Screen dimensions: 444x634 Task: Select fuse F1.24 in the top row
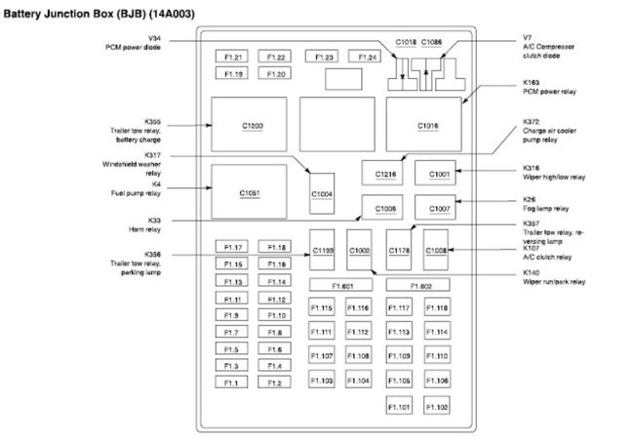[x=367, y=57]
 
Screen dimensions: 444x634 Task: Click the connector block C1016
[x=428, y=125]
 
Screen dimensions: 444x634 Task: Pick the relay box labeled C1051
[x=251, y=192]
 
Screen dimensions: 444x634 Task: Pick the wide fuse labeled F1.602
[x=420, y=285]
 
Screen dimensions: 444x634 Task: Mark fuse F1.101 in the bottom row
[x=399, y=405]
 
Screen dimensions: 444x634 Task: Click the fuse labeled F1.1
[x=231, y=383]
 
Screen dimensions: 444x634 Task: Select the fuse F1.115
[x=322, y=308]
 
